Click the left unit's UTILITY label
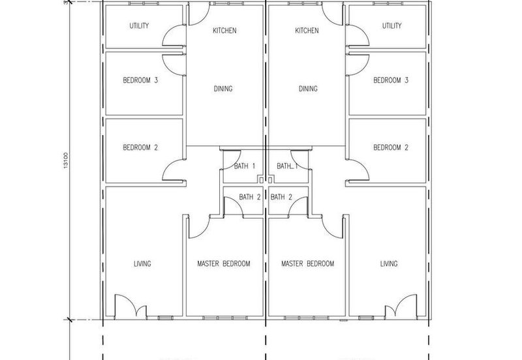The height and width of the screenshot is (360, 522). (x=139, y=25)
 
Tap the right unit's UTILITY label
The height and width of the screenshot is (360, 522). (x=392, y=25)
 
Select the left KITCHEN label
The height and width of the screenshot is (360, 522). (x=224, y=31)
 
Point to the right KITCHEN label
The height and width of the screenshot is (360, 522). (x=307, y=31)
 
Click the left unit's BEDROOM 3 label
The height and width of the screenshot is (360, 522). (x=140, y=80)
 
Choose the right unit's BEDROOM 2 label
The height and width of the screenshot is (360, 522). (x=391, y=147)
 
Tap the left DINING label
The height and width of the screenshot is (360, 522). (x=223, y=89)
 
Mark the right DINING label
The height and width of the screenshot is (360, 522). (x=308, y=89)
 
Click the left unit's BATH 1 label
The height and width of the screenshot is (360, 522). (x=245, y=166)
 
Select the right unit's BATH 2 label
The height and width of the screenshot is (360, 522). (x=281, y=197)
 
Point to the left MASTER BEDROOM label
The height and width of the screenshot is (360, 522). (x=224, y=264)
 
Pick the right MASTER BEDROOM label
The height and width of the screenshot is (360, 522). (x=307, y=264)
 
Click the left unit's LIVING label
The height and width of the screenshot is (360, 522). (x=142, y=264)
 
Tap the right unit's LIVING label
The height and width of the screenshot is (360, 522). (x=389, y=264)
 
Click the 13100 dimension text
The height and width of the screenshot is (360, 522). (x=66, y=160)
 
